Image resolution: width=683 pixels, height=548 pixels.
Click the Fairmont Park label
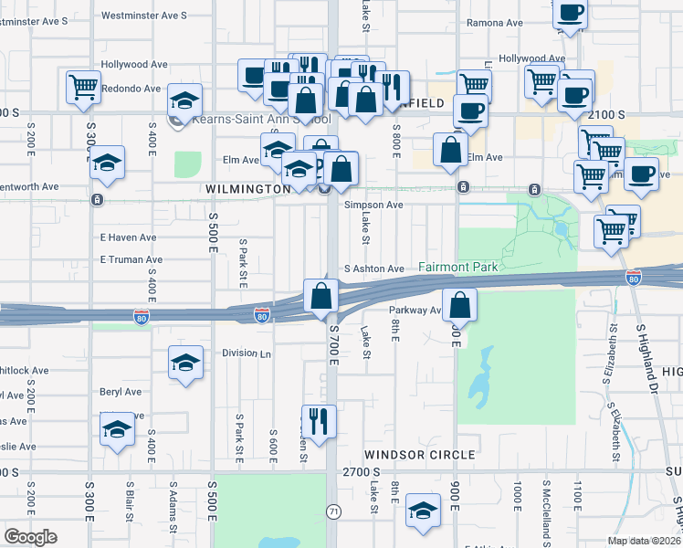[458, 268]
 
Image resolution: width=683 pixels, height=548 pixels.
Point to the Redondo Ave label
[131, 89]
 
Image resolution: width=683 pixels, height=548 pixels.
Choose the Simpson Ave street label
[373, 205]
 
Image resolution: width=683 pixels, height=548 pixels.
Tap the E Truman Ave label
[128, 259]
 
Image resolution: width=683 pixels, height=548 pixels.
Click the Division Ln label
[247, 353]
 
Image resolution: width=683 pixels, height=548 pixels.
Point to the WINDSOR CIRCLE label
[420, 454]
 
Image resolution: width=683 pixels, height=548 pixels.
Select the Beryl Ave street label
[121, 392]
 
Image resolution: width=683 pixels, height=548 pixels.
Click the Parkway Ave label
[415, 310]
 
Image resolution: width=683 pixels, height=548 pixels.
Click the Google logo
[30, 537]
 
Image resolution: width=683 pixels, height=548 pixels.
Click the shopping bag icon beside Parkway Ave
[460, 306]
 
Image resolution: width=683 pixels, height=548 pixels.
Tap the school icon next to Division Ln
[185, 362]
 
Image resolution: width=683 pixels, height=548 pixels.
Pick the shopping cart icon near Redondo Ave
[83, 87]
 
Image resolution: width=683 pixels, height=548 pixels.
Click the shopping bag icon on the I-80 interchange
[321, 296]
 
